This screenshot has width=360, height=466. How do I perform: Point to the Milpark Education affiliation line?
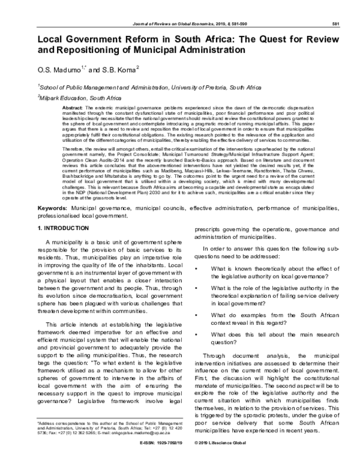pos(80,97)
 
